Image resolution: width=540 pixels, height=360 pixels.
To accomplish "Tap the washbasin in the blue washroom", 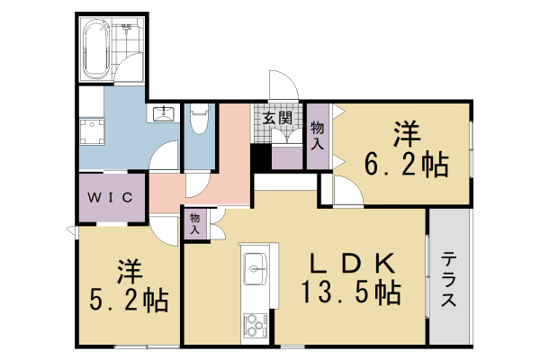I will tap(164, 114).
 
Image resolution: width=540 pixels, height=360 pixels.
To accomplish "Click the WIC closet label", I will tap(111, 197).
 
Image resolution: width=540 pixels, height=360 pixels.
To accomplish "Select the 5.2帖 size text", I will tap(128, 300).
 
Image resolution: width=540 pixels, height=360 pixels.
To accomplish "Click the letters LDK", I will tap(352, 263).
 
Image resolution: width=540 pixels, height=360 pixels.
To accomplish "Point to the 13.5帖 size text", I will tap(351, 292).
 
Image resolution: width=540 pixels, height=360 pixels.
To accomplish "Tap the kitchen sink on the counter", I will tap(255, 268).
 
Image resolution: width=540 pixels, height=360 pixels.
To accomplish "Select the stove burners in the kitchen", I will tap(255, 322).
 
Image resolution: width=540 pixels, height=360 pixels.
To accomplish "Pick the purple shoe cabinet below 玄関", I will tap(287, 158).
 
